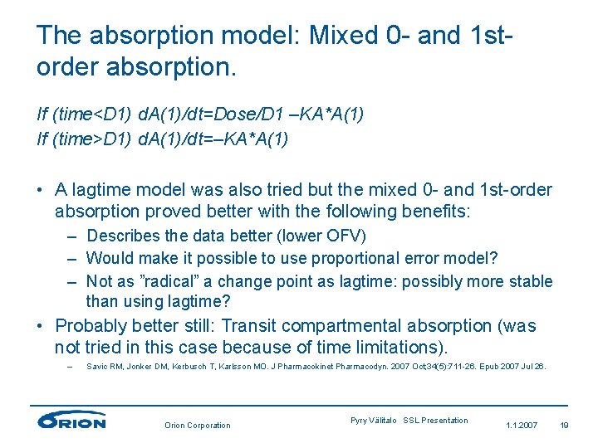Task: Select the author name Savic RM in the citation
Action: point(104,366)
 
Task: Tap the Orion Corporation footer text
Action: point(197,425)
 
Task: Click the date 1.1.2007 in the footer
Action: point(522,425)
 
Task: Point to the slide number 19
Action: point(564,425)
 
